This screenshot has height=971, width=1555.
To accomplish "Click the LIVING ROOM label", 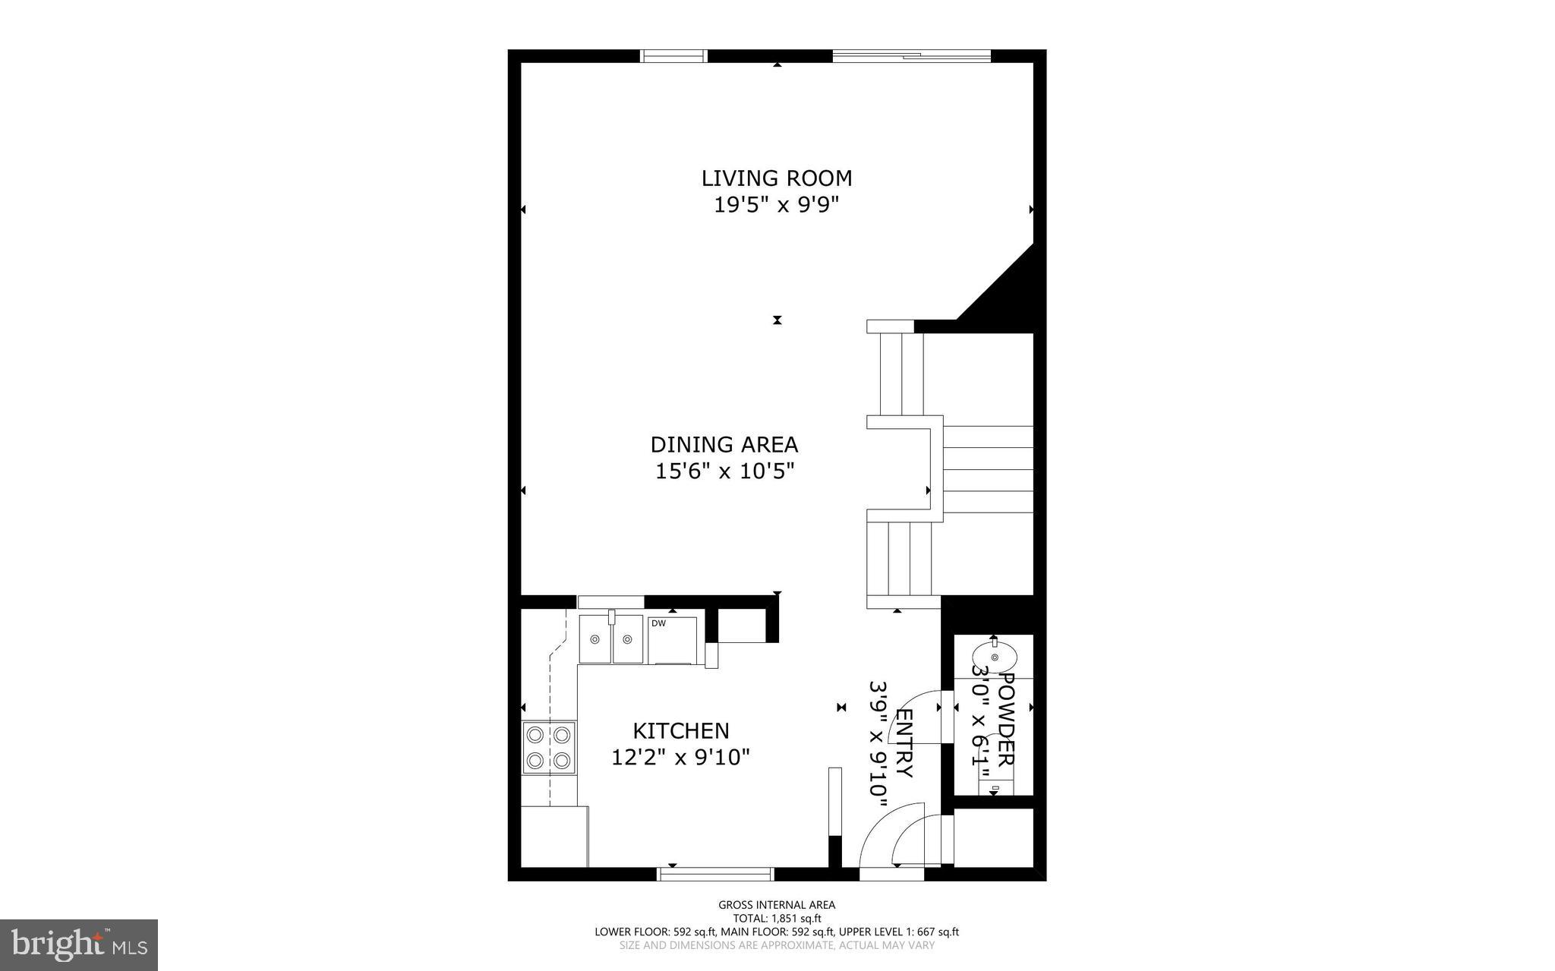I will pyautogui.click(x=776, y=178).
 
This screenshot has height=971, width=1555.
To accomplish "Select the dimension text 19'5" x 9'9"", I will pyautogui.click(x=776, y=205).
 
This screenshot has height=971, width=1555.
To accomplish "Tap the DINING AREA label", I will pyautogui.click(x=724, y=445).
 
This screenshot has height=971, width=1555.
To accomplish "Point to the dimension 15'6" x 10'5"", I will pyautogui.click(x=724, y=471).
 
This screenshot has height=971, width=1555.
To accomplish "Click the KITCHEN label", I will pyautogui.click(x=681, y=731).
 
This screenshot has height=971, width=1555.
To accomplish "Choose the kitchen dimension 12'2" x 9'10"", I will pyautogui.click(x=681, y=758).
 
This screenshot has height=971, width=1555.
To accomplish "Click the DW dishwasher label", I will pyautogui.click(x=658, y=624).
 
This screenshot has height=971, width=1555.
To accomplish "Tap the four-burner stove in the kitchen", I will pyautogui.click(x=548, y=747).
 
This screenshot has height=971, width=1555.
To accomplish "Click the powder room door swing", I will pyautogui.click(x=921, y=702).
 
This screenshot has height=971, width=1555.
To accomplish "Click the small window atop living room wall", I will pyautogui.click(x=673, y=56).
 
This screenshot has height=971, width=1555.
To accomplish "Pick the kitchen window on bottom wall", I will pyautogui.click(x=715, y=874).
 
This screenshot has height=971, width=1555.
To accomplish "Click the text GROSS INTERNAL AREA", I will pyautogui.click(x=777, y=905).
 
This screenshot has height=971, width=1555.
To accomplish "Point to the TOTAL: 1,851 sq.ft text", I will pyautogui.click(x=777, y=918).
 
